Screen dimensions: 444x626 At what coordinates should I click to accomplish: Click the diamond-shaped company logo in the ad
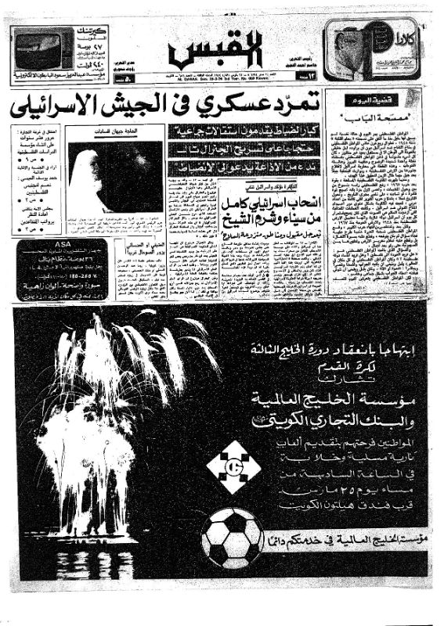click(233, 468)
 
